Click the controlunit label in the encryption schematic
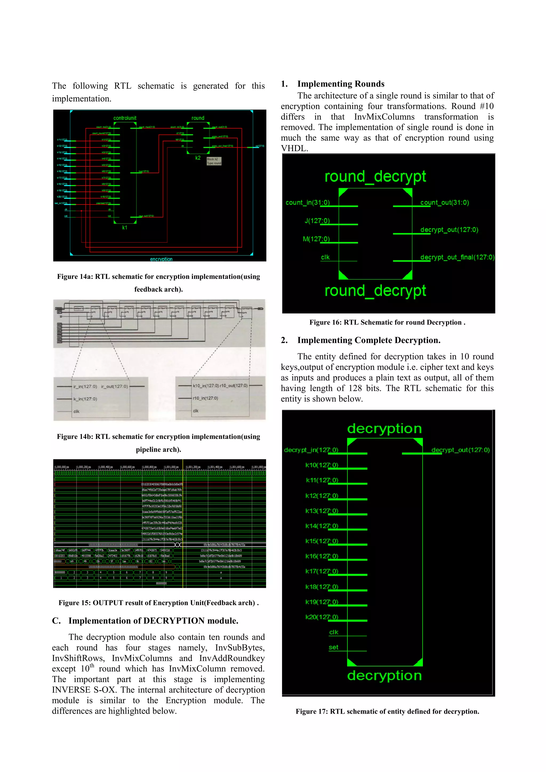click(x=125, y=118)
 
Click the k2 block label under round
click(x=198, y=158)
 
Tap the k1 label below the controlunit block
click(x=125, y=228)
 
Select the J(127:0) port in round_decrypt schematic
click(x=317, y=221)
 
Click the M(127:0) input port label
click(x=316, y=239)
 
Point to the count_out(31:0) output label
click(x=444, y=202)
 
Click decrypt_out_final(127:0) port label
click(x=457, y=257)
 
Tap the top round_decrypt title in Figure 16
click(x=375, y=177)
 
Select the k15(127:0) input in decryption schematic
click(x=322, y=541)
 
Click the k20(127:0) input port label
click(x=322, y=617)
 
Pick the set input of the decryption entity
click(x=333, y=647)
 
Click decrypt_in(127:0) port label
click(x=311, y=450)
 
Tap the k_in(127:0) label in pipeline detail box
click(x=85, y=399)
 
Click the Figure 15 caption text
click(x=158, y=603)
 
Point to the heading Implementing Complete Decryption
click(x=368, y=340)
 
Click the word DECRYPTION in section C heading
click(x=174, y=621)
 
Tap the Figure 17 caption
click(x=387, y=711)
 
